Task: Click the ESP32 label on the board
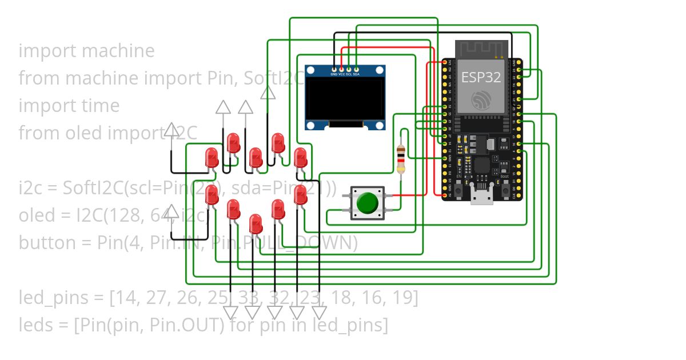pyautogui.click(x=481, y=78)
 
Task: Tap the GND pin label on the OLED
pyautogui.click(x=334, y=74)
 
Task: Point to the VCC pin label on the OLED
pyautogui.click(x=341, y=74)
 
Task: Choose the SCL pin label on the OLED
pyautogui.click(x=349, y=74)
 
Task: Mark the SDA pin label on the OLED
pyautogui.click(x=356, y=74)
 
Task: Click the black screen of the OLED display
pyautogui.click(x=344, y=98)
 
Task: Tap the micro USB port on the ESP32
pyautogui.click(x=481, y=195)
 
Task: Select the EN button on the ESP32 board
pyautogui.click(x=458, y=188)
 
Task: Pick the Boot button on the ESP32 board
pyautogui.click(x=505, y=188)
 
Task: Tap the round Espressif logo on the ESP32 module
pyautogui.click(x=481, y=101)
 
